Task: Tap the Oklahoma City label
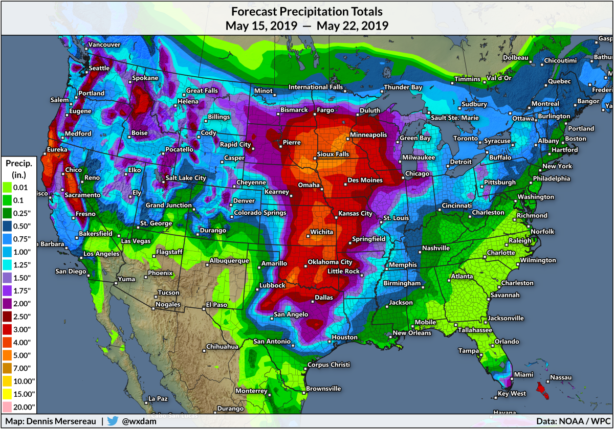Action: pyautogui.click(x=330, y=262)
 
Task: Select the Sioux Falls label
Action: pyautogui.click(x=333, y=154)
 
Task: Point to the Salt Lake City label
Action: pyautogui.click(x=186, y=178)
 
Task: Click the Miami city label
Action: pyautogui.click(x=523, y=375)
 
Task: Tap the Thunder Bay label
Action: pyautogui.click(x=403, y=87)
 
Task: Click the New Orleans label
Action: pyautogui.click(x=412, y=333)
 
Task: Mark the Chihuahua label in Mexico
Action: pyautogui.click(x=222, y=347)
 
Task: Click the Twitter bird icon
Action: pyautogui.click(x=113, y=421)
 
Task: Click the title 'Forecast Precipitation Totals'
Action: pyautogui.click(x=307, y=11)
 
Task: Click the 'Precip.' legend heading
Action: pyautogui.click(x=19, y=164)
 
